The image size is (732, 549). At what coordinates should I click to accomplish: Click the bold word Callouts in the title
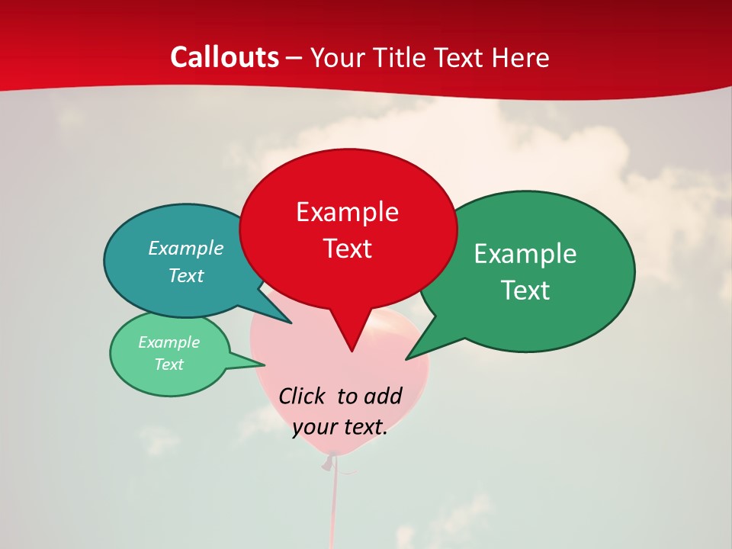(224, 57)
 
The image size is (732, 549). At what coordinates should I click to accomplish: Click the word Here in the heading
(521, 57)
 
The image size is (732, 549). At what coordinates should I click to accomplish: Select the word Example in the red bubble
(347, 212)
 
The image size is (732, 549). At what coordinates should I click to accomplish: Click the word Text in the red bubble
(347, 249)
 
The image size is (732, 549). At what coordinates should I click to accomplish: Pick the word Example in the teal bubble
(185, 248)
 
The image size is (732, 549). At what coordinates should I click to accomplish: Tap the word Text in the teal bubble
(185, 275)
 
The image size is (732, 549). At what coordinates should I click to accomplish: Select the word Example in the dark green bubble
(525, 253)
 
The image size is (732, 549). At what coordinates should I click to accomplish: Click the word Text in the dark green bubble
(525, 290)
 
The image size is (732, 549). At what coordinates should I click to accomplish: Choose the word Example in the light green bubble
(169, 342)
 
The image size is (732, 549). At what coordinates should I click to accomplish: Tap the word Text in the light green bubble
(169, 364)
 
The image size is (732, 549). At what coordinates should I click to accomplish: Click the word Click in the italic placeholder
(303, 396)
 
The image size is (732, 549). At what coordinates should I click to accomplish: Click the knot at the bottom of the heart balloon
(329, 461)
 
